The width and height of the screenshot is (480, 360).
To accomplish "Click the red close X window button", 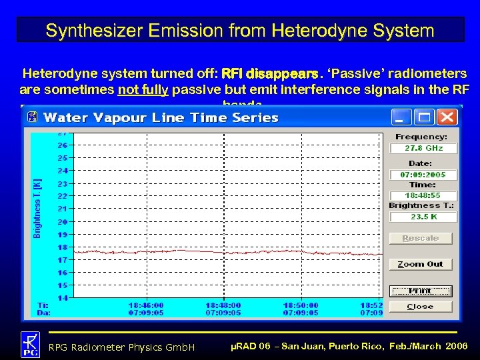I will coord(447,117).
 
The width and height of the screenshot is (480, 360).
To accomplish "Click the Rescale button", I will coord(421,238).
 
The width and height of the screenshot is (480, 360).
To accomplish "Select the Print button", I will coord(421,291).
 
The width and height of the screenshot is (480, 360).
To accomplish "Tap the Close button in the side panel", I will coord(421,307).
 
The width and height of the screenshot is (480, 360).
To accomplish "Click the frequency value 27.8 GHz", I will coord(423,149).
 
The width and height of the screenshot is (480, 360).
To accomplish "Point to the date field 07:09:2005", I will coord(423,175).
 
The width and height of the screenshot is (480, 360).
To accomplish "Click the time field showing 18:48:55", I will coord(423,195).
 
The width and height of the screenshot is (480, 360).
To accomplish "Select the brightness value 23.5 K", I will coord(423,217).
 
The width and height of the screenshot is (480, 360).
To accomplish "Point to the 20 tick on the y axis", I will coord(62,222).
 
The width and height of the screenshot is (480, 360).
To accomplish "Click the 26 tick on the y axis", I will coord(62,145).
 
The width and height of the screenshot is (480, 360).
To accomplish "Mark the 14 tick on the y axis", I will coord(62,298).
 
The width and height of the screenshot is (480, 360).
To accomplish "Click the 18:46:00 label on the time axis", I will coord(146,305).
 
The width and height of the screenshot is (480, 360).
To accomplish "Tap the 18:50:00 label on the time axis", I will coord(301,305).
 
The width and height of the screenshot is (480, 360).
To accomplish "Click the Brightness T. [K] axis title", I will coord(37,207).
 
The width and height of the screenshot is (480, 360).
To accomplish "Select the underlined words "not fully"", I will coord(143,89).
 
